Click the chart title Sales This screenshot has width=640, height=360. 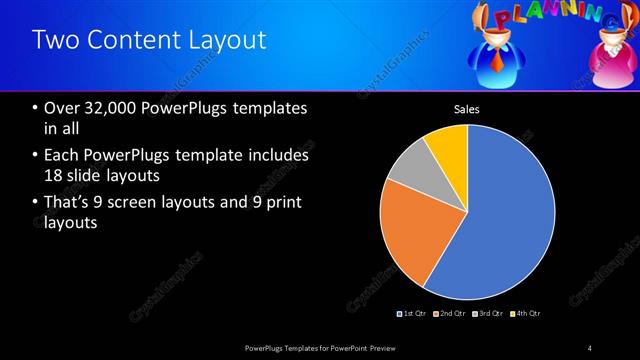click(467, 109)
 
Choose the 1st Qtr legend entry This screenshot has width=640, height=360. click(414, 314)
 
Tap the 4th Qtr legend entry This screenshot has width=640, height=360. click(526, 314)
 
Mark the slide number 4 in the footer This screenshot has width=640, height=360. click(590, 347)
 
